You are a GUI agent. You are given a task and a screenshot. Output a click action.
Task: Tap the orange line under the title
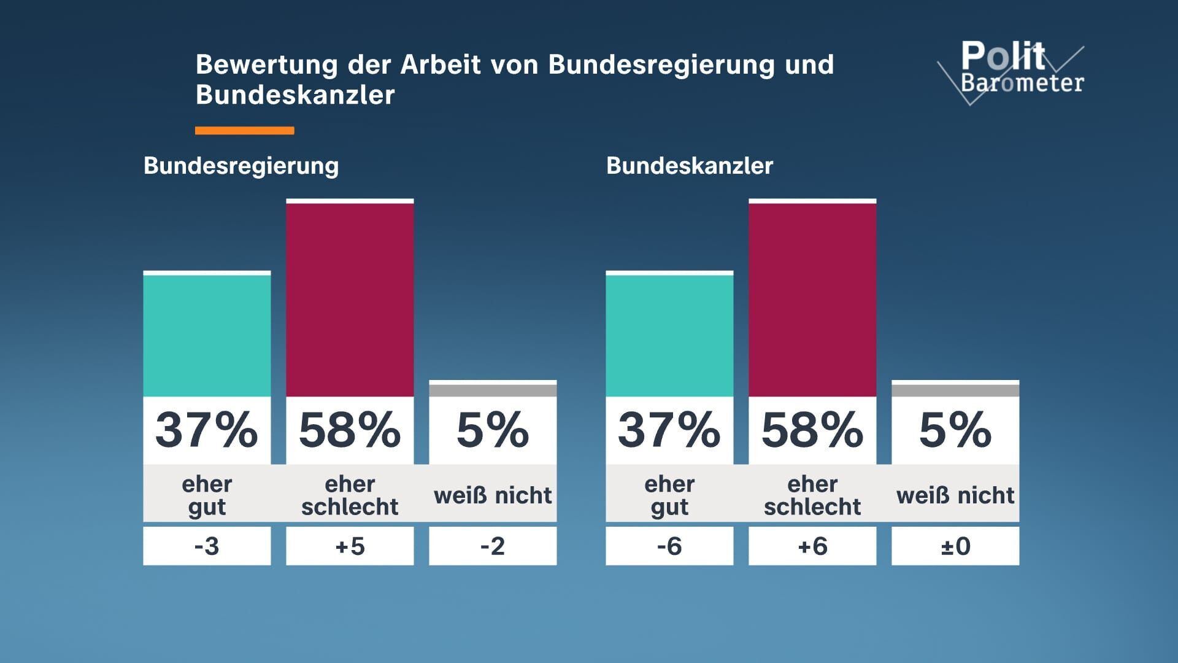tap(244, 130)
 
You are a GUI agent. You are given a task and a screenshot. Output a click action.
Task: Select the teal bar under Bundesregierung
tap(207, 335)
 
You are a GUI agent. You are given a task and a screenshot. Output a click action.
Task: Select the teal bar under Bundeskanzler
tap(669, 335)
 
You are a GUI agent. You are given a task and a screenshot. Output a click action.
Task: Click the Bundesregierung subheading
tap(241, 166)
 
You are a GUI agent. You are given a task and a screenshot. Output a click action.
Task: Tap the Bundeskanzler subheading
tap(690, 166)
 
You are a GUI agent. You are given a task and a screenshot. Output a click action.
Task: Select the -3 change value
tap(207, 546)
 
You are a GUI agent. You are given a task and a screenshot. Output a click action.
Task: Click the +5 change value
tap(350, 546)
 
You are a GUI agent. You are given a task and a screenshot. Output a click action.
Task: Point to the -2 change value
tap(493, 546)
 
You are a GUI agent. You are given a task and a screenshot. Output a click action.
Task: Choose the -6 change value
tap(669, 546)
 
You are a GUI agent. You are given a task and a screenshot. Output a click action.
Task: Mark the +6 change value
tap(812, 546)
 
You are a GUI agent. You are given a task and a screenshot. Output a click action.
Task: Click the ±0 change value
tap(955, 546)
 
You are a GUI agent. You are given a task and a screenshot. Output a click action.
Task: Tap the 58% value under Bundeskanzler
tap(812, 430)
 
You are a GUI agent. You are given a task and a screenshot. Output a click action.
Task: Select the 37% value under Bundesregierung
tap(207, 430)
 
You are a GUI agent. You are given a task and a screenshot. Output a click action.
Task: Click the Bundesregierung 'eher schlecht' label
tap(350, 495)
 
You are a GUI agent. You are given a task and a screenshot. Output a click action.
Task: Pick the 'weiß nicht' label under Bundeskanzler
tap(955, 495)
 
